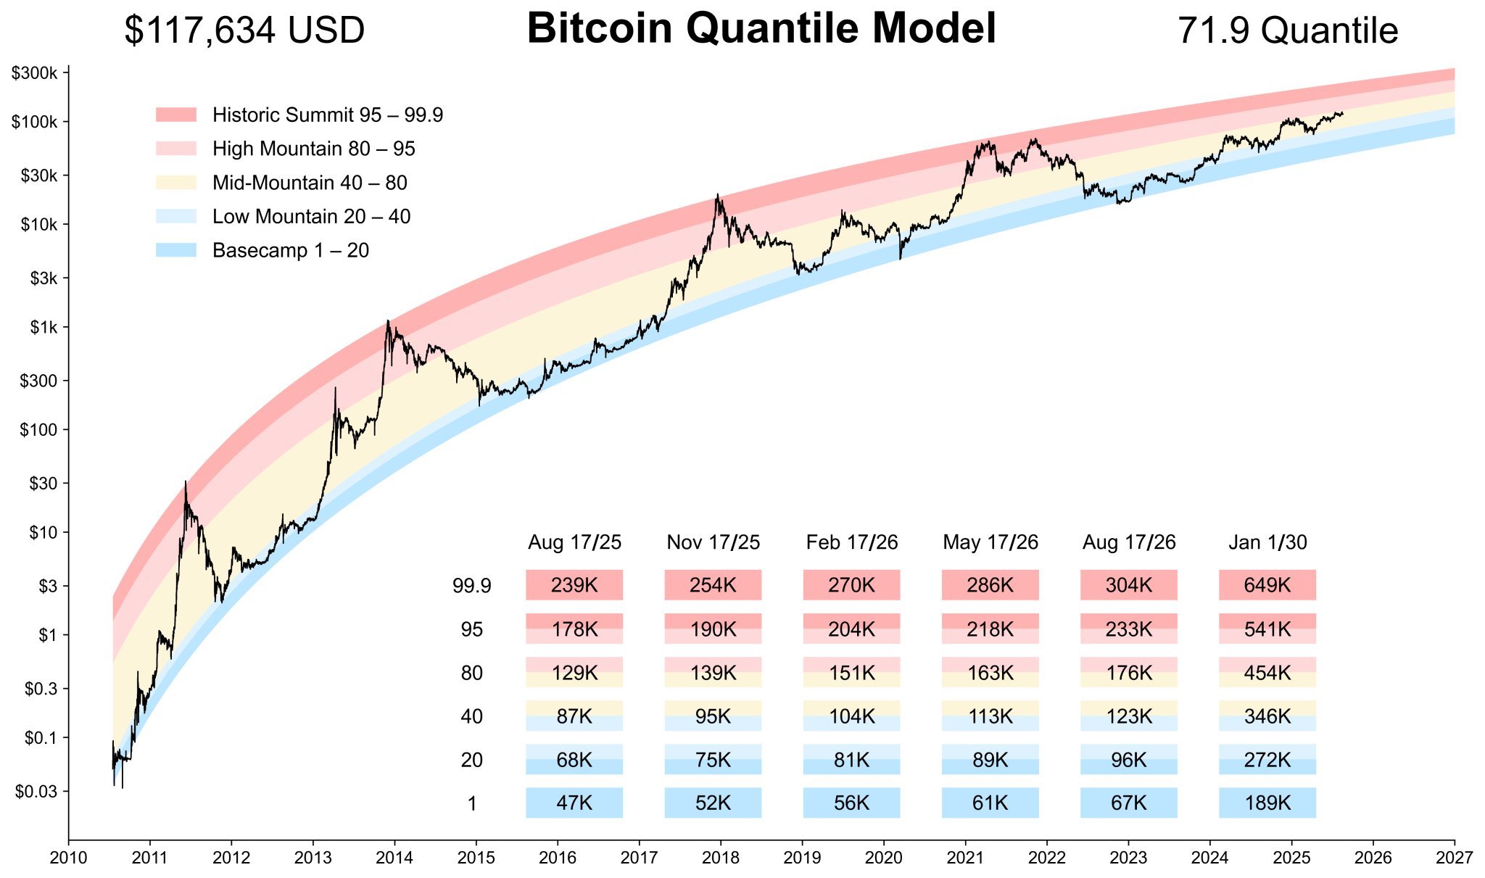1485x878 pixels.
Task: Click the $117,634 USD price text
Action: (x=244, y=31)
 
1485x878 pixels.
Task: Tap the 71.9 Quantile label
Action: (x=1287, y=31)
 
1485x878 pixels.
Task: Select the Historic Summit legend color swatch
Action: (x=176, y=115)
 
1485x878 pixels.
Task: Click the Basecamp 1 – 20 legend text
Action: (x=291, y=251)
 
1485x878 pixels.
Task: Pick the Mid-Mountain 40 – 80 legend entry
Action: (x=310, y=183)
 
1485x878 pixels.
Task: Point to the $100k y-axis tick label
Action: (x=34, y=122)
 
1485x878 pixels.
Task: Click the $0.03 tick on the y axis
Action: (x=36, y=792)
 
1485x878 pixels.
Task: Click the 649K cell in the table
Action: (x=1267, y=585)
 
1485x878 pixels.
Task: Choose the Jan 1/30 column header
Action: (x=1267, y=542)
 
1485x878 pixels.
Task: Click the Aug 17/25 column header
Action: (x=574, y=542)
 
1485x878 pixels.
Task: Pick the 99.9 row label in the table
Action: (x=472, y=586)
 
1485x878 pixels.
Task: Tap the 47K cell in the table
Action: (x=574, y=803)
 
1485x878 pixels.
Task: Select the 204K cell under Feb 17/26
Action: (x=851, y=629)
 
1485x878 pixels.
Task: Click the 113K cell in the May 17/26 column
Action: (x=990, y=716)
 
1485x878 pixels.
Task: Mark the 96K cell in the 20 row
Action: (x=1128, y=760)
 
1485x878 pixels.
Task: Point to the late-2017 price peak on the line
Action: (x=717, y=194)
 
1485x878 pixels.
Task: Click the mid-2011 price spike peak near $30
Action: (x=186, y=481)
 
